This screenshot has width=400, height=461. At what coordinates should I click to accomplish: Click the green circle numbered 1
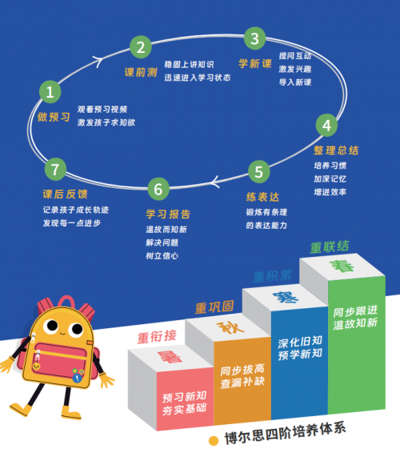(x=50, y=92)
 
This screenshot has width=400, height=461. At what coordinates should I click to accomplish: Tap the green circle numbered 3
(x=254, y=38)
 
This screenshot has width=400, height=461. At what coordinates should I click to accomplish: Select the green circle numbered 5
(x=258, y=172)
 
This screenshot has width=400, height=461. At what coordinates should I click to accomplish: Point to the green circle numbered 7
(x=55, y=169)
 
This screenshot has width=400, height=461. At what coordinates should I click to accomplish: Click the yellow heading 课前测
(x=141, y=72)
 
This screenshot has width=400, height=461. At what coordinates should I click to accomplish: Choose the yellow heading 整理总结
(x=336, y=150)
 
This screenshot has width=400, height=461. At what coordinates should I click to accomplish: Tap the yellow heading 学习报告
(x=168, y=214)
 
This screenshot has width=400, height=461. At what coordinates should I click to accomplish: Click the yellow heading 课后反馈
(x=66, y=194)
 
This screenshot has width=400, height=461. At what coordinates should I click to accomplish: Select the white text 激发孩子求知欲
(x=106, y=122)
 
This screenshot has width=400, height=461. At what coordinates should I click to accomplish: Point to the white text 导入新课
(x=295, y=82)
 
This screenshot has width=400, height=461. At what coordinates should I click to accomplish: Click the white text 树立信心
(x=162, y=256)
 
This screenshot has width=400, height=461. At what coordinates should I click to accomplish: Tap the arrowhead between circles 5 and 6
(x=215, y=182)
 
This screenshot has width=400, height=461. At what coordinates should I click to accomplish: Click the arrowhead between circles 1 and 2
(x=98, y=61)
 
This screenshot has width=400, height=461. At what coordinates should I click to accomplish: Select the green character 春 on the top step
(x=342, y=266)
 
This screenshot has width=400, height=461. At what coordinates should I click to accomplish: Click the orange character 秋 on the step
(x=230, y=327)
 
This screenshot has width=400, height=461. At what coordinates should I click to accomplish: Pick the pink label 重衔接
(x=157, y=337)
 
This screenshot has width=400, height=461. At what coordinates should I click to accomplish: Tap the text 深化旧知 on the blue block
(x=300, y=342)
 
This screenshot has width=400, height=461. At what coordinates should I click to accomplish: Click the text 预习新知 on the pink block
(x=184, y=397)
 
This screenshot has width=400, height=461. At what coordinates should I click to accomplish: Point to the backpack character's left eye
(x=52, y=326)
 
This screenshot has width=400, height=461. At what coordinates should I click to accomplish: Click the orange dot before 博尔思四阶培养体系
(x=214, y=441)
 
